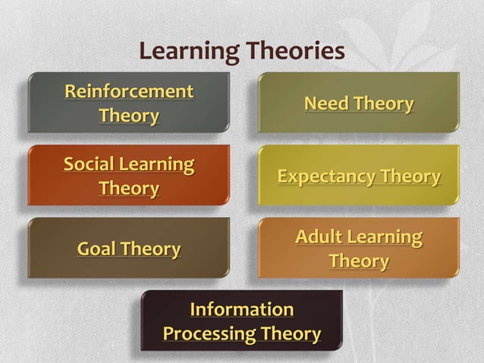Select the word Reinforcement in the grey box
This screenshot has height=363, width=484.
click(129, 92)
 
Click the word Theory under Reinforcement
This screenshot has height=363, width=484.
click(129, 116)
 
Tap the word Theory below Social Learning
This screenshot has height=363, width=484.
click(129, 188)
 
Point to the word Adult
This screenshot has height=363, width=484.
click(319, 237)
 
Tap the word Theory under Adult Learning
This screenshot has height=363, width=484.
click(359, 261)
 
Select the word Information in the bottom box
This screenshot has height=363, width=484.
click(241, 310)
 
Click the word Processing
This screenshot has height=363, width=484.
click(209, 334)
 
